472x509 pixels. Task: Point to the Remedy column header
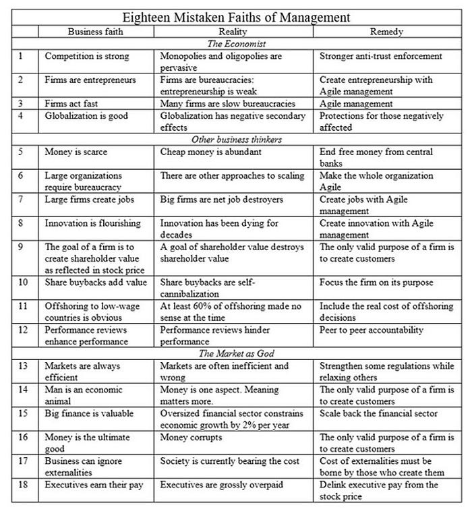pyautogui.click(x=387, y=32)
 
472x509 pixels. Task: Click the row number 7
pyautogui.click(x=22, y=200)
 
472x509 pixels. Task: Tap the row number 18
pyautogui.click(x=23, y=485)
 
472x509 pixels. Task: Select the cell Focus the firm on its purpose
pyautogui.click(x=376, y=282)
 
